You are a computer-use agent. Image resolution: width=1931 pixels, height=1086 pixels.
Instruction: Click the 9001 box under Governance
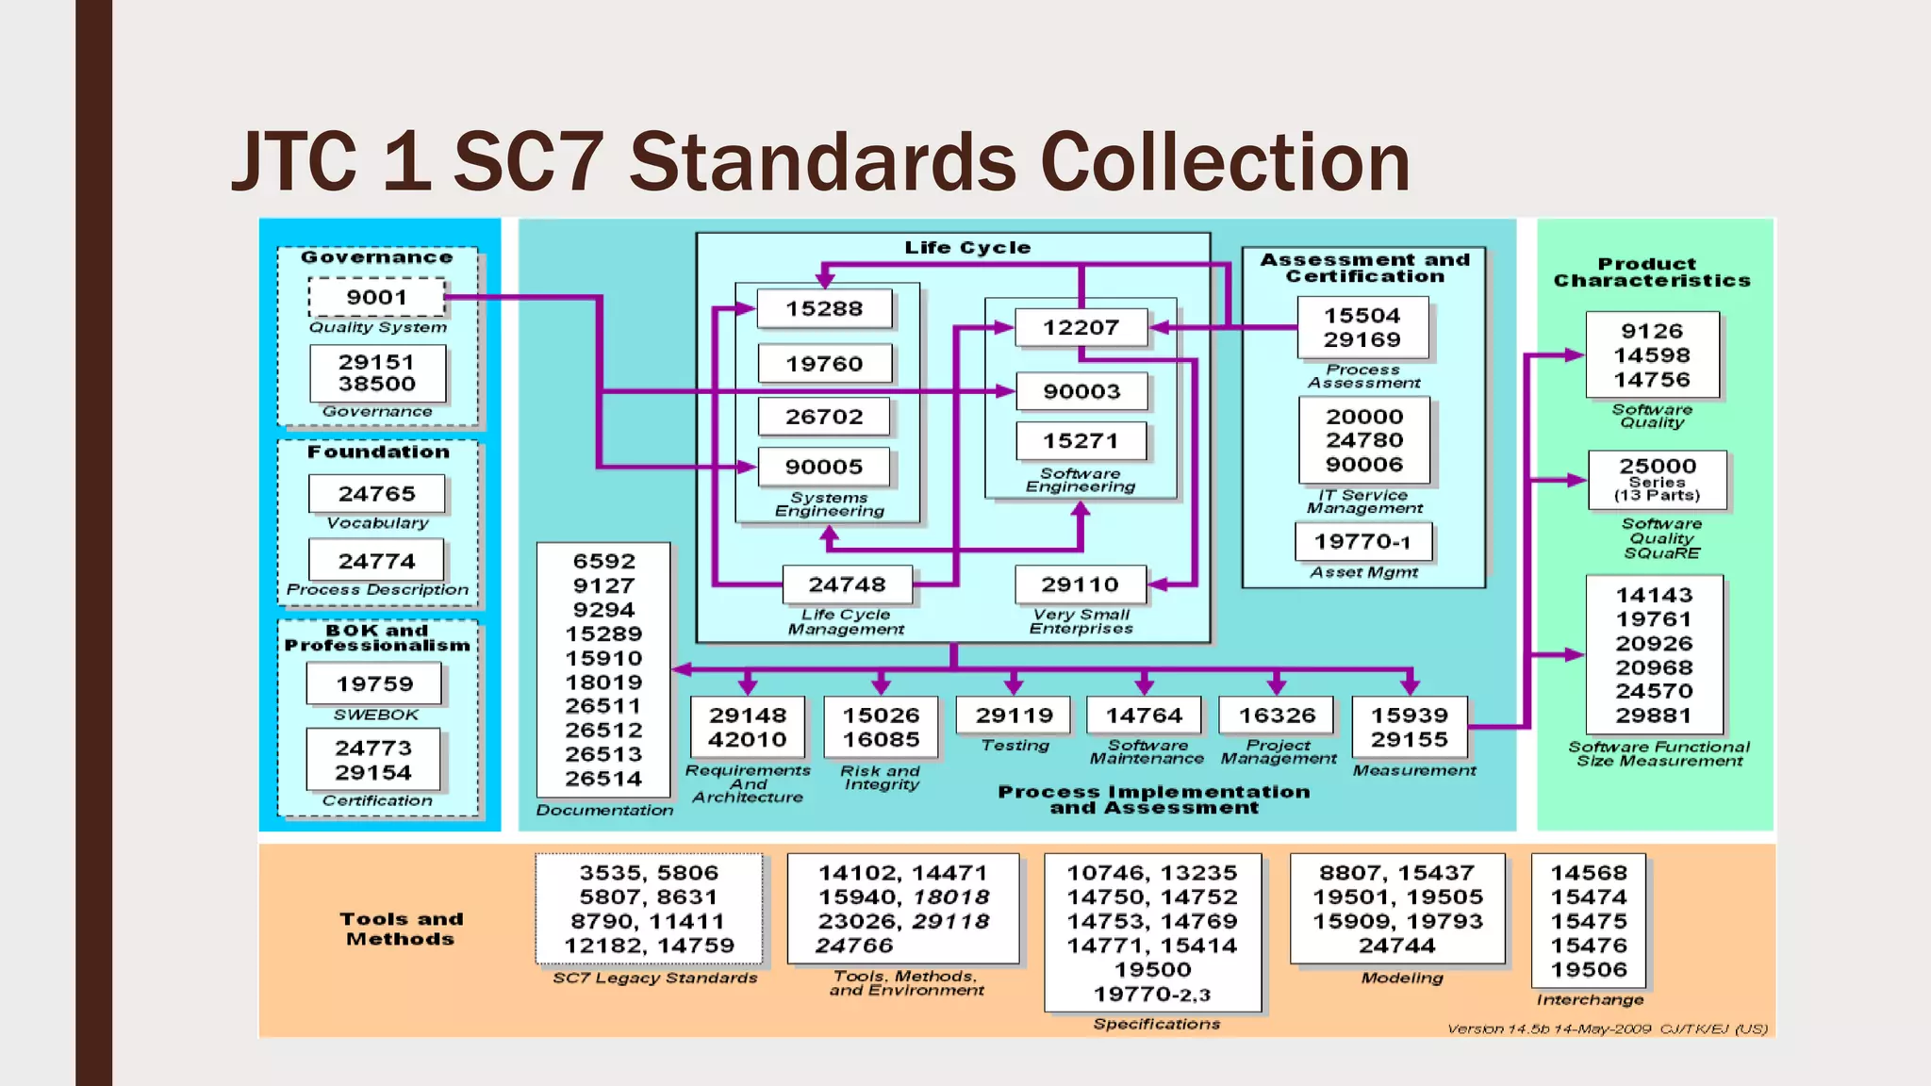(376, 297)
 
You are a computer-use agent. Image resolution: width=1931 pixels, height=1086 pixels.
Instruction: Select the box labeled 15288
(824, 308)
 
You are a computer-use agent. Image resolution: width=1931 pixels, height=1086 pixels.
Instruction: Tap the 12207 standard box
(1081, 327)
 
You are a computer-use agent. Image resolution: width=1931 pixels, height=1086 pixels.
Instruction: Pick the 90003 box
(1081, 391)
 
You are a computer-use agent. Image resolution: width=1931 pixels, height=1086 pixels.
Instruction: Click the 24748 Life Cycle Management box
(847, 584)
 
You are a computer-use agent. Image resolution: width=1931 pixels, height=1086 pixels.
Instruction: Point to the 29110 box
(1080, 584)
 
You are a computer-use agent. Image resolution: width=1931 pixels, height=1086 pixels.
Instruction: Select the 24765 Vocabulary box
(376, 493)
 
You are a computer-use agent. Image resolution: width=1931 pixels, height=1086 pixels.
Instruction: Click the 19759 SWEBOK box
(374, 683)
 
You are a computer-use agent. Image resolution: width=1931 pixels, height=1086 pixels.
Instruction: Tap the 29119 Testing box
(1014, 716)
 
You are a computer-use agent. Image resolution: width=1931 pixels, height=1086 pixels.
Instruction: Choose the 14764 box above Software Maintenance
(1144, 716)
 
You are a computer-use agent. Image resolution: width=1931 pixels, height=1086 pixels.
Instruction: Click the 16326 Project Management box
(1277, 716)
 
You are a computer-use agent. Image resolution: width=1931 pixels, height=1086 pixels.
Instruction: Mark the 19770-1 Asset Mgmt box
(1362, 541)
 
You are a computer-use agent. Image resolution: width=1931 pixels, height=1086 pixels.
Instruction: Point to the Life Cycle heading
(967, 247)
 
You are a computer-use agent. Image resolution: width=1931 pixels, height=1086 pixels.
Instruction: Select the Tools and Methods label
(401, 929)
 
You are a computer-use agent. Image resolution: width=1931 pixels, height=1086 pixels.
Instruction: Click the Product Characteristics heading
(1652, 272)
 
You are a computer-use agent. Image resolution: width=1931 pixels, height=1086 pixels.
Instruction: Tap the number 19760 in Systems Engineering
(824, 364)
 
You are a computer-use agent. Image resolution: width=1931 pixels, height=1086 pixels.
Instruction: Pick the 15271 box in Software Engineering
(1081, 440)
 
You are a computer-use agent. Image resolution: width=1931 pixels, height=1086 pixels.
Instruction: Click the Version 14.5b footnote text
(1607, 1028)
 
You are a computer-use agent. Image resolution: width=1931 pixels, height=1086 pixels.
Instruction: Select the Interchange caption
(1590, 999)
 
